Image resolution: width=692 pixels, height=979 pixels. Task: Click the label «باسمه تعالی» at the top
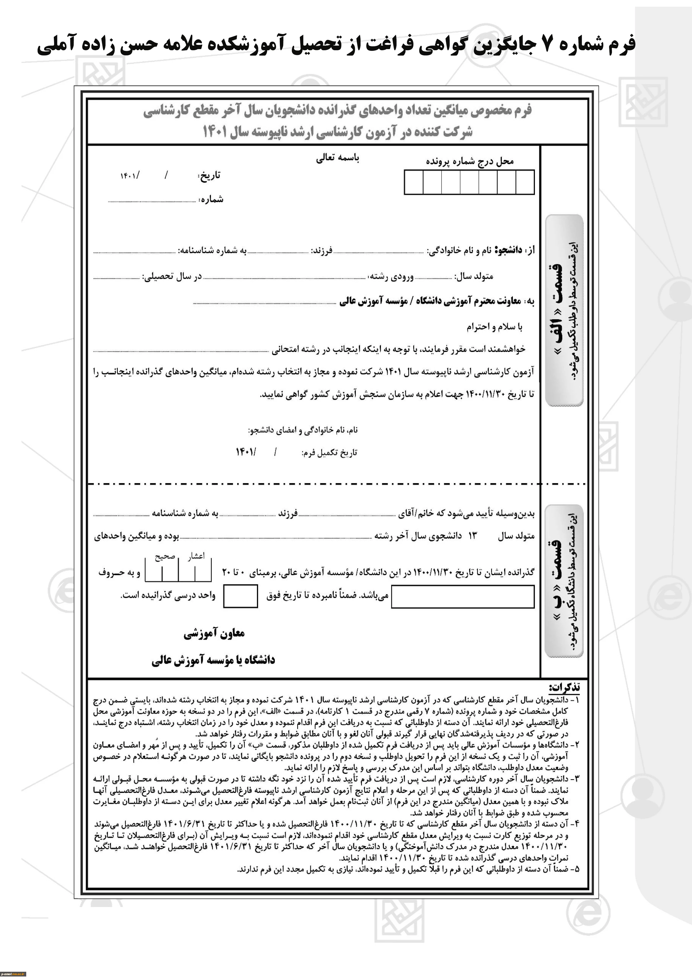pyautogui.click(x=337, y=158)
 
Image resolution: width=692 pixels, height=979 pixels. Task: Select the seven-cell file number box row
pyautogui.click(x=469, y=182)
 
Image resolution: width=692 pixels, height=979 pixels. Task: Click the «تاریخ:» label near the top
pyautogui.click(x=209, y=176)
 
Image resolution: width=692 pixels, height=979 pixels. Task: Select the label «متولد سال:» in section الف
pyautogui.click(x=474, y=276)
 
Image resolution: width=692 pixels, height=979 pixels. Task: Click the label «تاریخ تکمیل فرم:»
pyautogui.click(x=329, y=453)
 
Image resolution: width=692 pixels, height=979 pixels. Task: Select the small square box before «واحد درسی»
pyautogui.click(x=241, y=596)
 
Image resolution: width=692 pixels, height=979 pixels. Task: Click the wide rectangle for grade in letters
pyautogui.click(x=463, y=596)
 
